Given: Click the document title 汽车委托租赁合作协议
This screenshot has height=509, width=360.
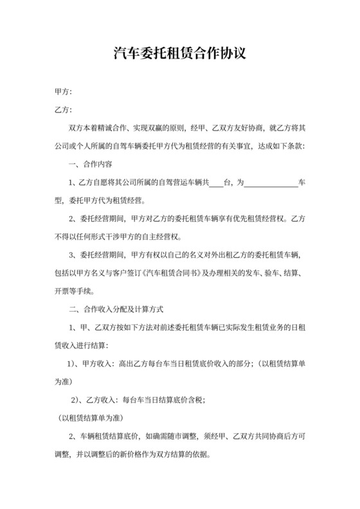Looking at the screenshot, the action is pyautogui.click(x=179, y=54).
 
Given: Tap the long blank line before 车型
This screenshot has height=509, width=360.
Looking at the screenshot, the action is pyautogui.click(x=272, y=184).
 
